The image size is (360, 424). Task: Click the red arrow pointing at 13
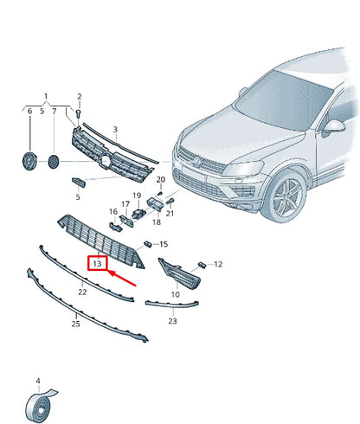[x=122, y=278]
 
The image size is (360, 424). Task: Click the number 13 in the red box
[x=97, y=263]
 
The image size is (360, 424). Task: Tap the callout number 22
[x=82, y=292]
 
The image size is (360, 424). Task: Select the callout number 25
[x=75, y=324]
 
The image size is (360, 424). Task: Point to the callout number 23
[x=172, y=321]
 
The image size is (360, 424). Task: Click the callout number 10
[x=176, y=294]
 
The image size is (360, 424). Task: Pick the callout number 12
[x=218, y=264]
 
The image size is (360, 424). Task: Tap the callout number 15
[x=164, y=244]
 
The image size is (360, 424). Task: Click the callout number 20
[x=161, y=179]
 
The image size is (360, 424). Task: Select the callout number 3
[x=115, y=130]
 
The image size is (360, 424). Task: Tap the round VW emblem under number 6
[x=29, y=161]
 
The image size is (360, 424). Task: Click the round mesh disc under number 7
[x=53, y=162]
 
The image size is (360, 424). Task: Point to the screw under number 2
[x=79, y=113]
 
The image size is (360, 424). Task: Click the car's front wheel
[x=285, y=196]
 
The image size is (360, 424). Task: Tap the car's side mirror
[x=334, y=126]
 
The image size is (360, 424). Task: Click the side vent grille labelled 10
[x=179, y=273]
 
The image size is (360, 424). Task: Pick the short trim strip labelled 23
[x=172, y=304]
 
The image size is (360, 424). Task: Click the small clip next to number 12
[x=202, y=265]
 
